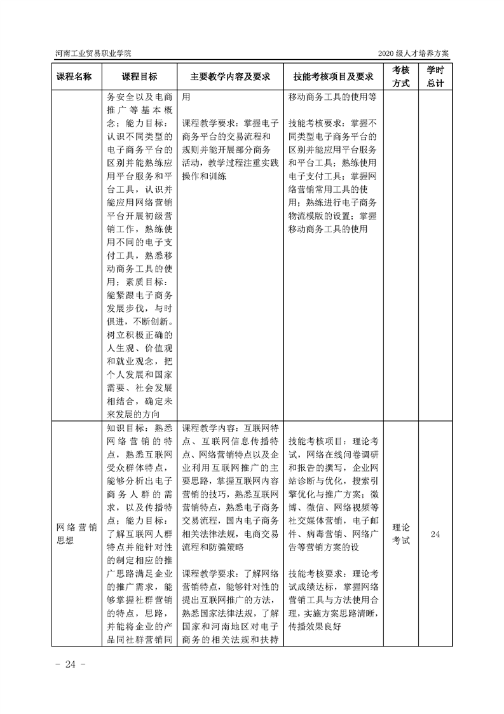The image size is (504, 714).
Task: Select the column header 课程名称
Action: click(x=74, y=77)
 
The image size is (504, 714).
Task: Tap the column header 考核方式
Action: click(x=401, y=77)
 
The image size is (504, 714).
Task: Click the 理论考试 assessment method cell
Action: click(x=401, y=534)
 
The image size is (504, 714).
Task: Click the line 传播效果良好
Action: click(x=316, y=626)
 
